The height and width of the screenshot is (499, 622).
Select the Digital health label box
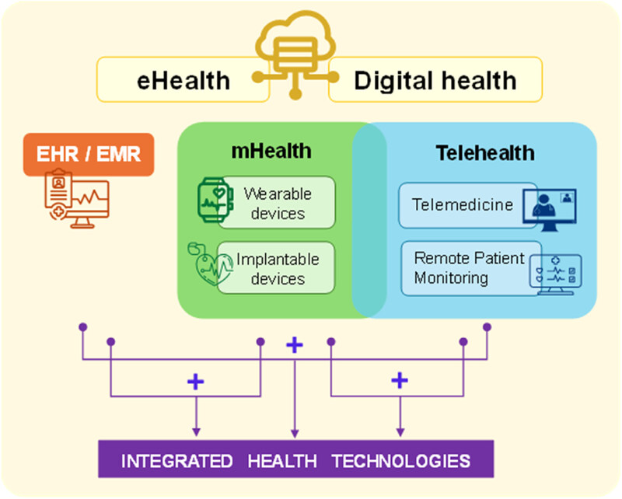[435, 80]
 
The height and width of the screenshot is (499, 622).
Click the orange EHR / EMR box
[89, 153]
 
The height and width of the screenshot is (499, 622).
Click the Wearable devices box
[277, 202]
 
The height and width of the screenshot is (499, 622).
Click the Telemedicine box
[463, 205]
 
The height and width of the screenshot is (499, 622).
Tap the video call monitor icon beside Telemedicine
[554, 207]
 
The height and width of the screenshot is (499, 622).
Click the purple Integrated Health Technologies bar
[295, 459]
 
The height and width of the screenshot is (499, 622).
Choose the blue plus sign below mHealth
[195, 381]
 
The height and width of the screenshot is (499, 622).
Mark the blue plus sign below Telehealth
[399, 380]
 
